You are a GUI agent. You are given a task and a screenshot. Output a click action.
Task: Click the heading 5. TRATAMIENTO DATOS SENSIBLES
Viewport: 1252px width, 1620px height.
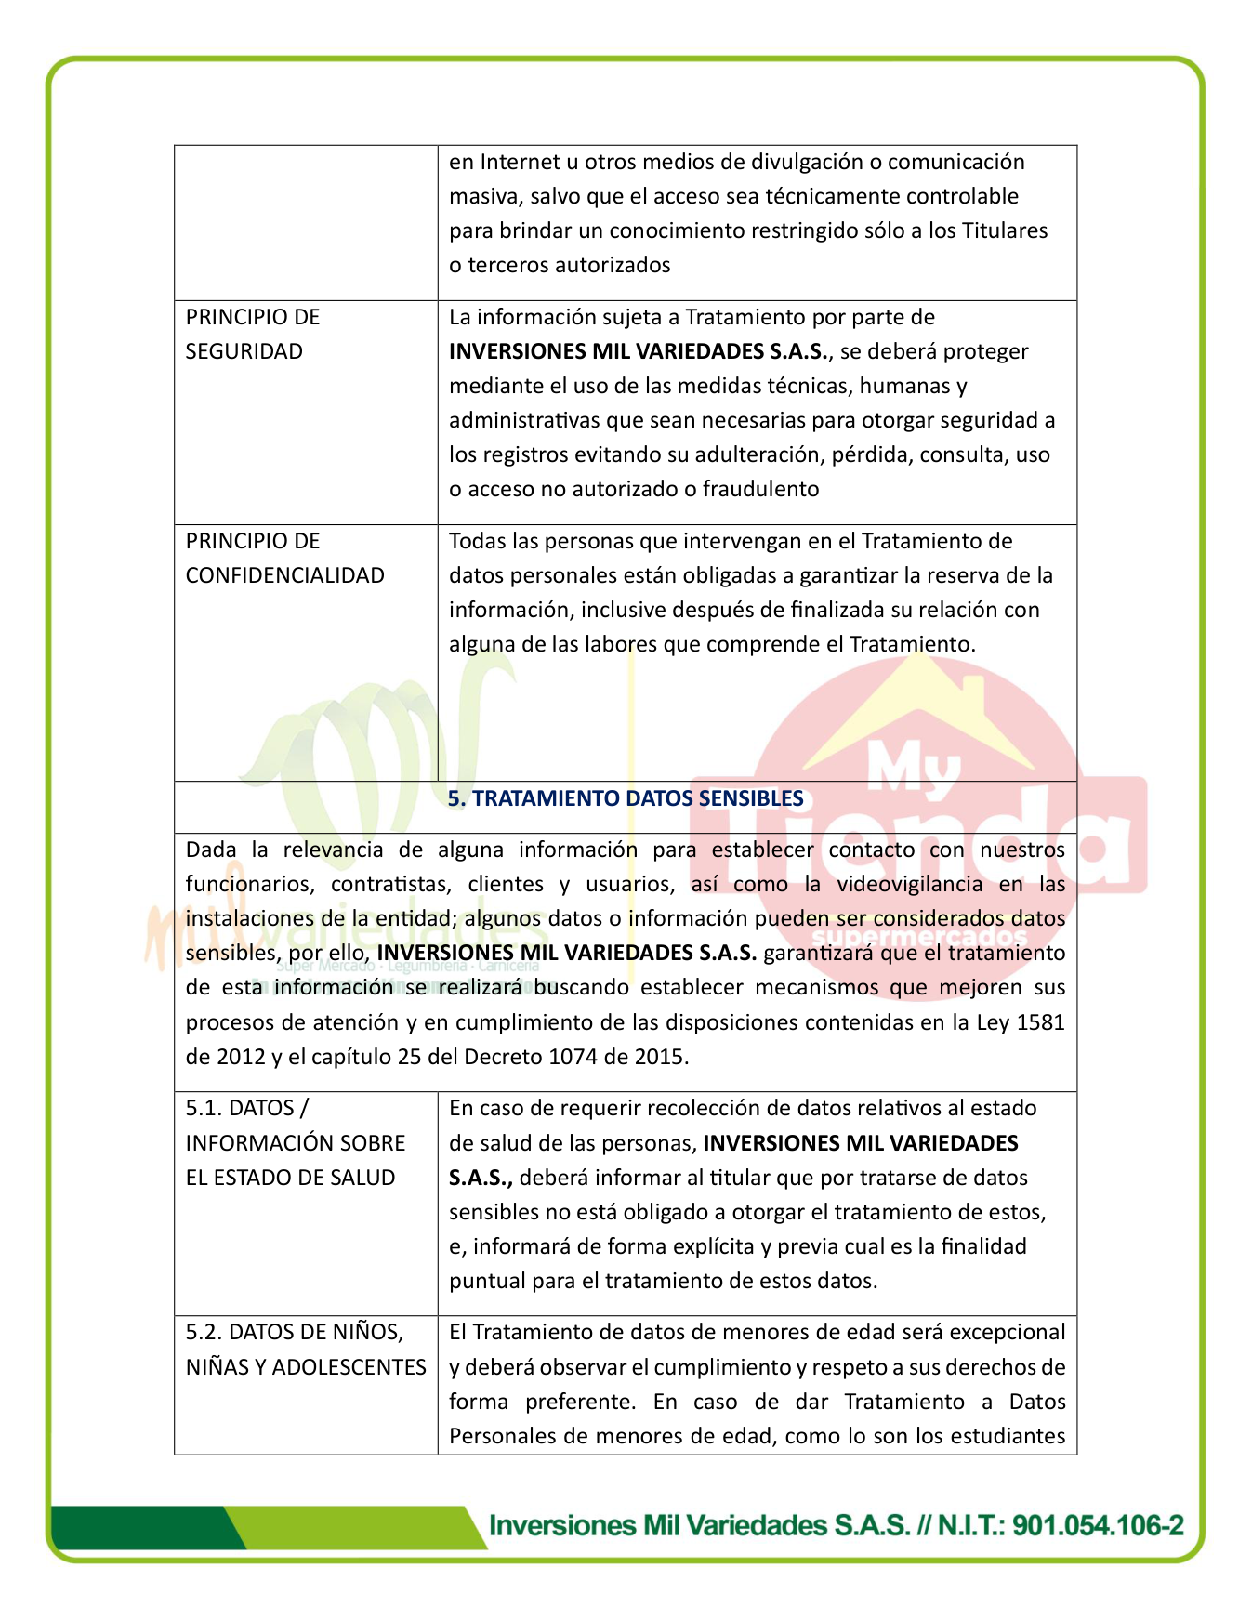(x=626, y=798)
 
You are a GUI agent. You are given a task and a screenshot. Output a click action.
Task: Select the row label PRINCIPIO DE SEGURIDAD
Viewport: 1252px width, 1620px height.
(x=252, y=335)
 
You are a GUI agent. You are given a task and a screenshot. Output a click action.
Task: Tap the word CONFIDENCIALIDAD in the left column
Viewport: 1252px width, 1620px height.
(x=284, y=575)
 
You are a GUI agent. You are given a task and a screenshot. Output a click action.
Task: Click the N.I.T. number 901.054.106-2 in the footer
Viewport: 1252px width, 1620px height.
(x=1098, y=1525)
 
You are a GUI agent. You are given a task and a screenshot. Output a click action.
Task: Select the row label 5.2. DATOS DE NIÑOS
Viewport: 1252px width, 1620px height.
(x=295, y=1332)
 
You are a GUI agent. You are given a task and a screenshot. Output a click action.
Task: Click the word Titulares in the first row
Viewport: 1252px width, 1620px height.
(x=1005, y=230)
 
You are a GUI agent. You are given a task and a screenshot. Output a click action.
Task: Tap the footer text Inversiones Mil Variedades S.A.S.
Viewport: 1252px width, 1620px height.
(x=699, y=1525)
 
